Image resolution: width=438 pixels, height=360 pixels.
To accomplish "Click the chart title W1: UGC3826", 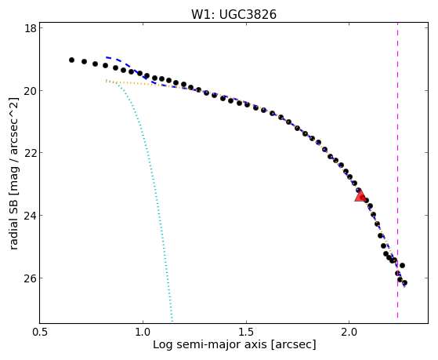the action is click(x=233, y=14).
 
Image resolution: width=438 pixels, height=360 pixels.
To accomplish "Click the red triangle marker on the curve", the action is click(x=360, y=195).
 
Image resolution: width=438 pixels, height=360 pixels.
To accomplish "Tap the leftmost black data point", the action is click(x=71, y=60).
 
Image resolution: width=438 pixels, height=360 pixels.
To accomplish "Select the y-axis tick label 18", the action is click(x=31, y=28).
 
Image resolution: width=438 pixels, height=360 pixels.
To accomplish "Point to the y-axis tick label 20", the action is click(x=31, y=91).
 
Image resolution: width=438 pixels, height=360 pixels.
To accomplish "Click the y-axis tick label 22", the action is click(x=31, y=153).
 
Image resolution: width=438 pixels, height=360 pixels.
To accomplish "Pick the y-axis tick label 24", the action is click(x=31, y=216).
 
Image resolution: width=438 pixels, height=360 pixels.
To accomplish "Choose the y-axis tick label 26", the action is click(x=31, y=278).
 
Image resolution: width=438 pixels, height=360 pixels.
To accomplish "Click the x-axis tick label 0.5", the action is click(x=40, y=332).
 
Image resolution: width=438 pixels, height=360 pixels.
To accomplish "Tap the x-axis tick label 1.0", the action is click(x=143, y=332).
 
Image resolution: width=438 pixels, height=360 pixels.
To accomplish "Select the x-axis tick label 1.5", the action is click(x=246, y=332).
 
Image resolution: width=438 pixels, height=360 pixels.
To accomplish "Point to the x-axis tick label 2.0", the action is click(x=349, y=332).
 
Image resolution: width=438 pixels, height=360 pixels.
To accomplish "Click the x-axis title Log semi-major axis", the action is click(x=210, y=344).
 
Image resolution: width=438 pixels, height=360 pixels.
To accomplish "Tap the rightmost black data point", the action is click(x=404, y=283).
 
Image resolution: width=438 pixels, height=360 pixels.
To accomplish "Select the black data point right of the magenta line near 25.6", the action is click(x=402, y=265).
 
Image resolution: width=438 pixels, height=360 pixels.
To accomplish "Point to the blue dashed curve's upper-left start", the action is click(x=107, y=57).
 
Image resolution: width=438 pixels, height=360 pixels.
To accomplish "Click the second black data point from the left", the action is click(x=84, y=61).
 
